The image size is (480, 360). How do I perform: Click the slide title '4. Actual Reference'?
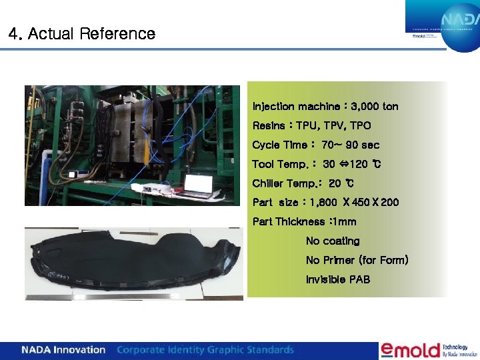(x=82, y=34)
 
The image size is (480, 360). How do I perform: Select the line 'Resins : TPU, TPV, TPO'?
(x=311, y=125)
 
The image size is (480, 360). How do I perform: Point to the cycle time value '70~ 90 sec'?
(x=350, y=145)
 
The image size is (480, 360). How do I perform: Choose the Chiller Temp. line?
(x=303, y=183)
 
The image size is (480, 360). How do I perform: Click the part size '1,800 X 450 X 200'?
(x=354, y=202)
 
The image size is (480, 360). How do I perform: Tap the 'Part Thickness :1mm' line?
(x=304, y=221)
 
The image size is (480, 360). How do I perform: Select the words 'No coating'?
(x=332, y=241)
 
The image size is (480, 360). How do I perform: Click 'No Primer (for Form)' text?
(x=357, y=260)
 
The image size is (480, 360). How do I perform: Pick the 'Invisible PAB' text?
(x=337, y=279)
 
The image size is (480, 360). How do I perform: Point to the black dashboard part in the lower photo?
(x=133, y=263)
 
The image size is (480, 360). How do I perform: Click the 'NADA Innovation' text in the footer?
(x=63, y=350)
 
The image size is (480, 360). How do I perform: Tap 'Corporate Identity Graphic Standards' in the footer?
(x=205, y=350)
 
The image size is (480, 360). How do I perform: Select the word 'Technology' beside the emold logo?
(x=459, y=347)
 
